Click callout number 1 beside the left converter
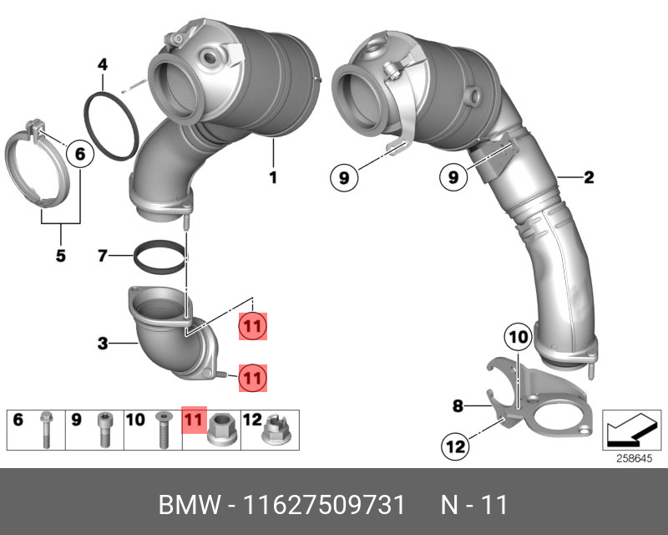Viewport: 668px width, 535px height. pyautogui.click(x=272, y=177)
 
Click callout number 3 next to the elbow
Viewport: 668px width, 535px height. pyautogui.click(x=102, y=343)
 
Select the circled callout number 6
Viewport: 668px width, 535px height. pyautogui.click(x=79, y=154)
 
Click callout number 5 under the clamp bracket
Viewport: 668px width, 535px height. pyautogui.click(x=60, y=256)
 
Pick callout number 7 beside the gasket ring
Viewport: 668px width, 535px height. pyautogui.click(x=102, y=255)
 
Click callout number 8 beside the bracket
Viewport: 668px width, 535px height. pyautogui.click(x=458, y=406)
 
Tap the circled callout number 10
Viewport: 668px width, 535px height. pyautogui.click(x=518, y=338)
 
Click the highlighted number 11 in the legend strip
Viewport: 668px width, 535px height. pyautogui.click(x=194, y=420)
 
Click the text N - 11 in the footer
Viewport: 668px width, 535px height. pyautogui.click(x=473, y=507)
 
